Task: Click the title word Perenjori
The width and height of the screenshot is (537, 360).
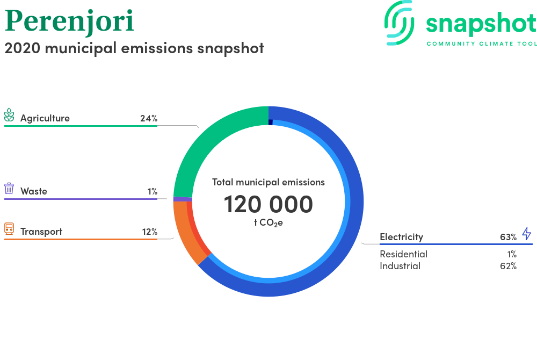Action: (69, 21)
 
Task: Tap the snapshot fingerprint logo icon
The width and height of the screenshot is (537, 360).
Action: (399, 23)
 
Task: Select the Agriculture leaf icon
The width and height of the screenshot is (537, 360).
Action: (9, 115)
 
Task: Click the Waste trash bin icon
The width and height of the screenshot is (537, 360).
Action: (9, 189)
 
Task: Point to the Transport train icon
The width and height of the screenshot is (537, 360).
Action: (9, 229)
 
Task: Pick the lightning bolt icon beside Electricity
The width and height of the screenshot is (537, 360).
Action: (526, 234)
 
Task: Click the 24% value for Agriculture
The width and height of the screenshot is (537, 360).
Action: (149, 119)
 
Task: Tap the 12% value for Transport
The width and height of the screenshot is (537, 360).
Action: (150, 232)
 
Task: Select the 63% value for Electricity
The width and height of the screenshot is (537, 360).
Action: (508, 237)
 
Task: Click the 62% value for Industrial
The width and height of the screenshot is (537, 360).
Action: (508, 266)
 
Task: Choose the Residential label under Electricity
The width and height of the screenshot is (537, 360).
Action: (403, 254)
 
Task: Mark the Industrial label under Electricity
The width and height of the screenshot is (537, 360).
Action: (400, 266)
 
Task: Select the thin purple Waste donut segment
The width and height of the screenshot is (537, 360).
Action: (183, 199)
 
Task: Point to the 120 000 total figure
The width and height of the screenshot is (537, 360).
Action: (268, 205)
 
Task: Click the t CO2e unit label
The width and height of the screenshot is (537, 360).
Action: (268, 223)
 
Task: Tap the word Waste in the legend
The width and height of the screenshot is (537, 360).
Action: (33, 191)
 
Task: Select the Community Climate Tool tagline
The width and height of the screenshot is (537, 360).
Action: (482, 44)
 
